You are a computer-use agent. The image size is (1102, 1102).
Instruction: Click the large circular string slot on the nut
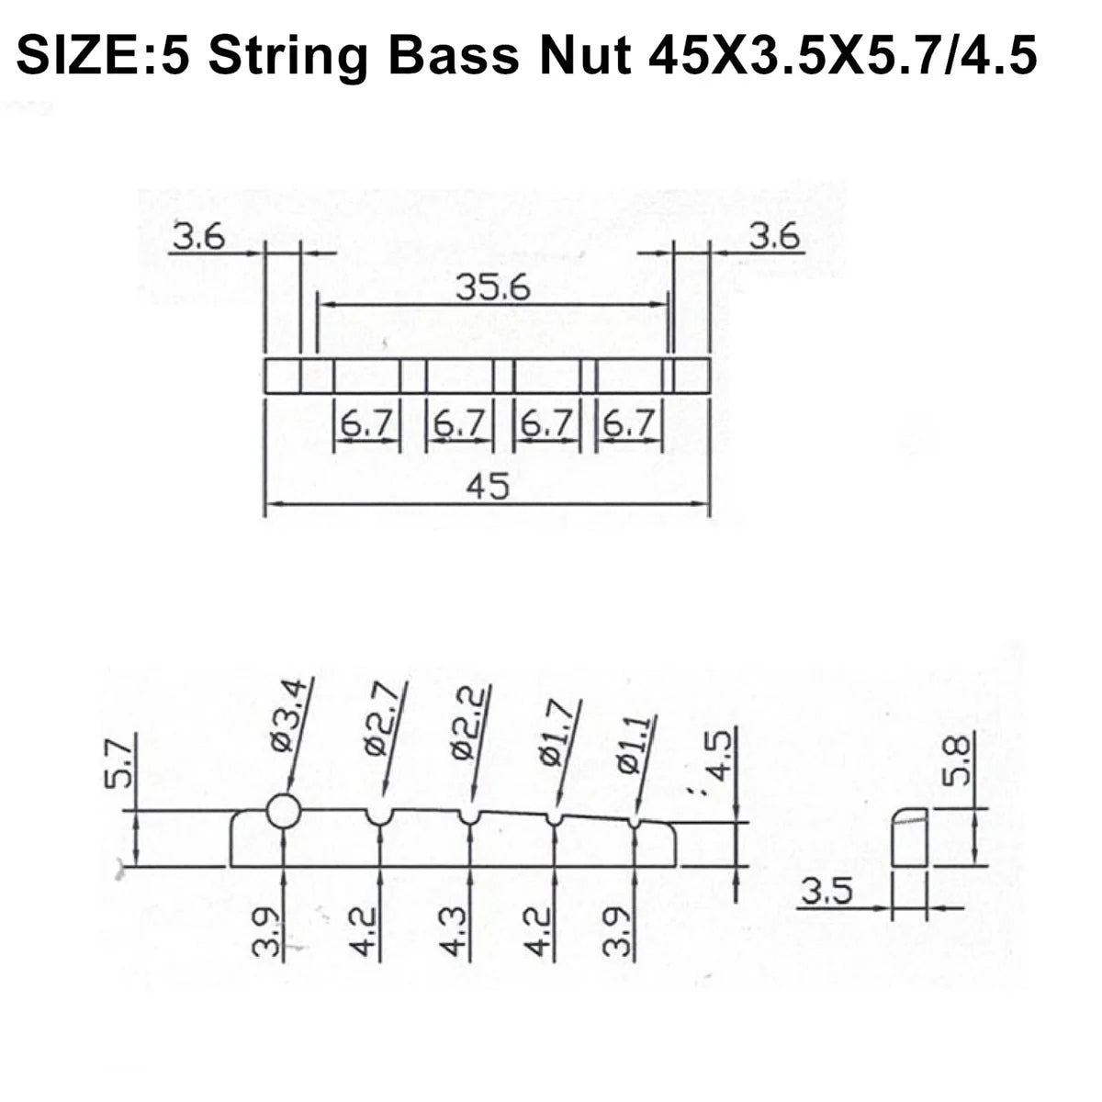point(284,811)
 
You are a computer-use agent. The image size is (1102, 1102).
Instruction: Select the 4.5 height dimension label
point(722,756)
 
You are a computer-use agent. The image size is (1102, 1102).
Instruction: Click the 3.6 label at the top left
point(198,238)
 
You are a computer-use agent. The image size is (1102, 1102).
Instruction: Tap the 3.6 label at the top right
point(777,238)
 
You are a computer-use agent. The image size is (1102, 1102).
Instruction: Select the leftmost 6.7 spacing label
point(366,425)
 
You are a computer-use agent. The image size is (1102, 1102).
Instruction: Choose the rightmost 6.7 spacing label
point(629,425)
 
